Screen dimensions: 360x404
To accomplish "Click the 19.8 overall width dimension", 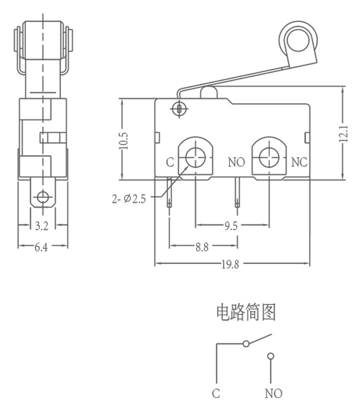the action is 230,264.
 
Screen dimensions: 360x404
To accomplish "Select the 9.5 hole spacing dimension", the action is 231,226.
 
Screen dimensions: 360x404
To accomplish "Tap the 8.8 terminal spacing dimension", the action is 202,247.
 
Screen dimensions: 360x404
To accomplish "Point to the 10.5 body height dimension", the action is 123,141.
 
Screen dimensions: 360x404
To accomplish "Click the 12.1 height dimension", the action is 343,134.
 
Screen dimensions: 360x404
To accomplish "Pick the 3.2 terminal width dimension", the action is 41,226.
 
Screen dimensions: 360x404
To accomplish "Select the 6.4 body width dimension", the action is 41,247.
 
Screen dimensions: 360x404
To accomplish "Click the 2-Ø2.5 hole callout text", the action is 128,199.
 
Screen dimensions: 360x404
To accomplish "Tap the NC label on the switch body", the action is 299,162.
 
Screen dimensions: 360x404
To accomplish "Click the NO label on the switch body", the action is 236,162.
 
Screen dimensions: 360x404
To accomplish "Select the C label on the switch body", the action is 170,162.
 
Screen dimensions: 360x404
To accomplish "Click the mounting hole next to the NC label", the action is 269,157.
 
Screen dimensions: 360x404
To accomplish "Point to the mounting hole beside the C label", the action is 195,157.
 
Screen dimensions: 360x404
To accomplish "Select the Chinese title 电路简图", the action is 246,312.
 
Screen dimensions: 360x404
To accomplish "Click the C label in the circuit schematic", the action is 216,393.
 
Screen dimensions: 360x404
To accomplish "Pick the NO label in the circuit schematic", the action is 273,393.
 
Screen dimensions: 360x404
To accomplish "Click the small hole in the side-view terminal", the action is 42,197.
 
